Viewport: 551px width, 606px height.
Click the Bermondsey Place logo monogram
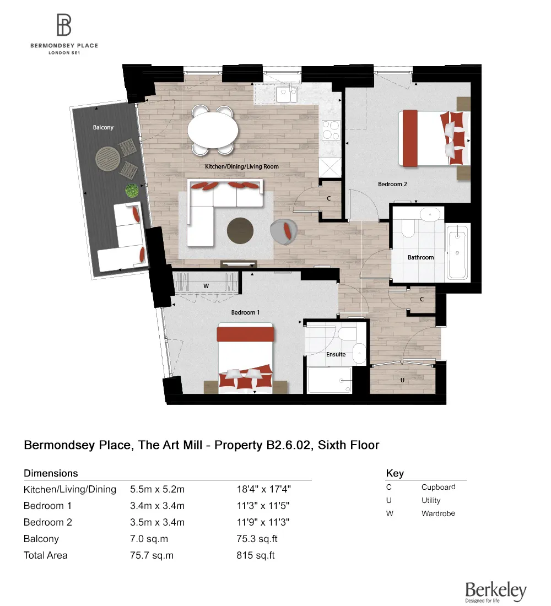point(64,25)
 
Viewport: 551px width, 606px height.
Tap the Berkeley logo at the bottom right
point(495,591)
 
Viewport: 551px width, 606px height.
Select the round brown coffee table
point(242,230)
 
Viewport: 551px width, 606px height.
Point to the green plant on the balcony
point(132,191)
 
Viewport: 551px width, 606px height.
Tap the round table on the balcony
point(108,159)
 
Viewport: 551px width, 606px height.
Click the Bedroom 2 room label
point(392,184)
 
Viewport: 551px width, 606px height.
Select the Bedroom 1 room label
point(245,312)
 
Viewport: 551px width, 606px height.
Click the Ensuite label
point(336,354)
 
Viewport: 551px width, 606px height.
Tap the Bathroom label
point(420,257)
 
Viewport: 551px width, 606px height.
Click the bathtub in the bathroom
point(458,252)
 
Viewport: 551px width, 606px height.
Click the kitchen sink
point(287,94)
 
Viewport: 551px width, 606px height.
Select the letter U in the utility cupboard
point(403,380)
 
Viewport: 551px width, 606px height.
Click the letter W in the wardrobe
point(206,286)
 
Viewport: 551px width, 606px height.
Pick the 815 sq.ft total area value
point(255,555)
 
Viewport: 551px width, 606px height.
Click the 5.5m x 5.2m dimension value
point(157,489)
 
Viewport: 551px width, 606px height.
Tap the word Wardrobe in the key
point(438,513)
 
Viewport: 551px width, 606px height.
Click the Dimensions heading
point(51,473)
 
